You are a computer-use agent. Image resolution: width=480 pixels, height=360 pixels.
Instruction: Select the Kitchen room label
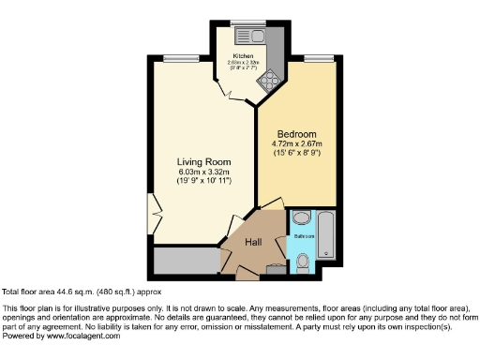pos(243,55)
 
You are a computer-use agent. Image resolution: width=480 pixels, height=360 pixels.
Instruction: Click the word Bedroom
pos(294,134)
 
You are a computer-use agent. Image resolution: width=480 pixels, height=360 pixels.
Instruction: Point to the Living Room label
pos(204,162)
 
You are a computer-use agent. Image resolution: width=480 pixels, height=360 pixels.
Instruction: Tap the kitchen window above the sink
pos(249,22)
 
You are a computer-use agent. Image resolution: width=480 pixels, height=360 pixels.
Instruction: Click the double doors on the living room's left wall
pos(152,215)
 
